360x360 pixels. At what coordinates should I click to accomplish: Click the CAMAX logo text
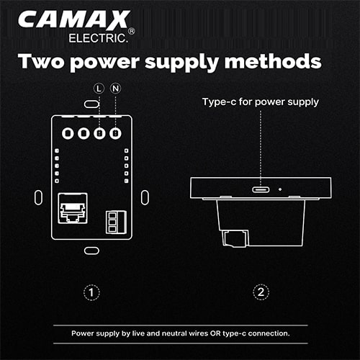74,19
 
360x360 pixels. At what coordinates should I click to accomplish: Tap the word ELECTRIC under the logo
97,38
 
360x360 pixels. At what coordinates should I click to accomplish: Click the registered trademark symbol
132,31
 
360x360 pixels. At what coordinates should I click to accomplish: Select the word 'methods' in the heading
273,61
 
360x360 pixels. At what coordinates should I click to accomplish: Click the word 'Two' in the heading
41,61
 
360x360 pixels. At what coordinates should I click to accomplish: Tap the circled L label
99,89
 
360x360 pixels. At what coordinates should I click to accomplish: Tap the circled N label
115,89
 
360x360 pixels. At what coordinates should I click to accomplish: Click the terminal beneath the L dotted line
99,133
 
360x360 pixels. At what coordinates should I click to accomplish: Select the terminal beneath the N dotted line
115,133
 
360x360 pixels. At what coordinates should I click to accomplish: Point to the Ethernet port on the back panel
73,208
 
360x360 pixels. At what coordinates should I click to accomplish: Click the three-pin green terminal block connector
116,222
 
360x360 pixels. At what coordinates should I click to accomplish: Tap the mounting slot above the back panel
91,104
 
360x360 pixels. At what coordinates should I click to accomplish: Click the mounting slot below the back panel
91,251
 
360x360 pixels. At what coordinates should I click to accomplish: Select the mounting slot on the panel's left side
38,197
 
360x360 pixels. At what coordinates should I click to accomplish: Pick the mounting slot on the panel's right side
145,197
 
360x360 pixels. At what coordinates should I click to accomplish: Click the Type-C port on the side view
261,189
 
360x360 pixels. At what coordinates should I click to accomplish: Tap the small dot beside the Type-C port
280,189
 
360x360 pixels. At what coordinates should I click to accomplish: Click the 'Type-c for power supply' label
261,102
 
